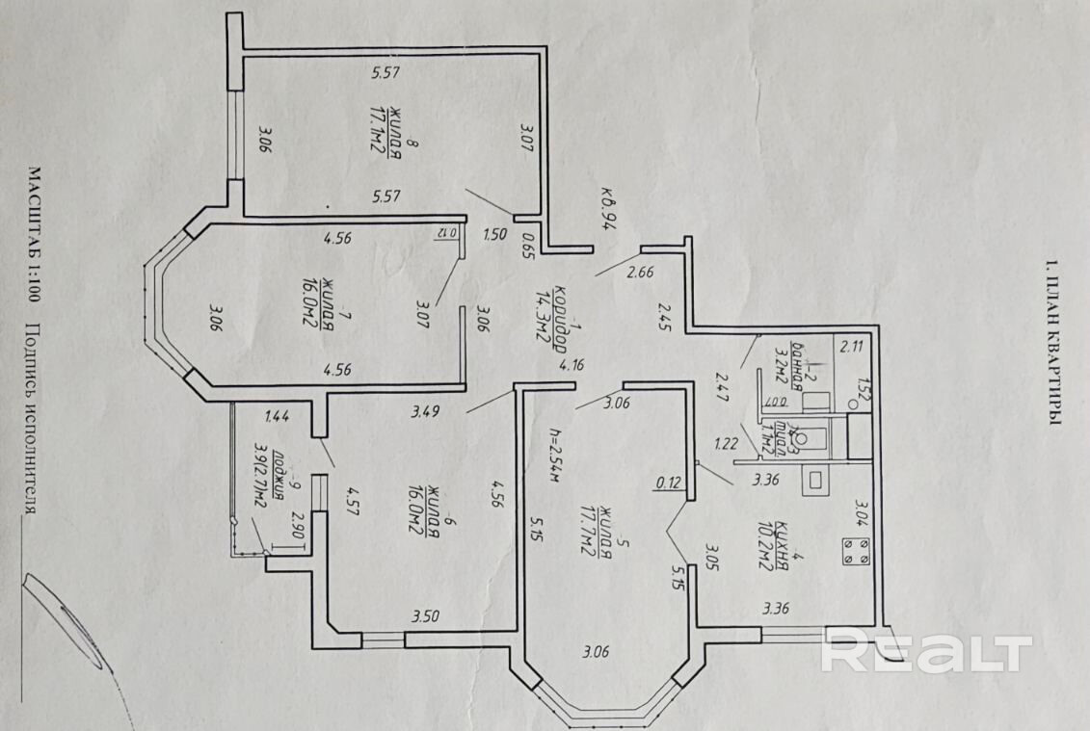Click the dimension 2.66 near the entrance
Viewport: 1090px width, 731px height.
click(641, 273)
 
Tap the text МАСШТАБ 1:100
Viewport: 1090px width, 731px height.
click(33, 237)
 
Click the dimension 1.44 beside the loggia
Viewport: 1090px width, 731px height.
click(277, 416)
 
